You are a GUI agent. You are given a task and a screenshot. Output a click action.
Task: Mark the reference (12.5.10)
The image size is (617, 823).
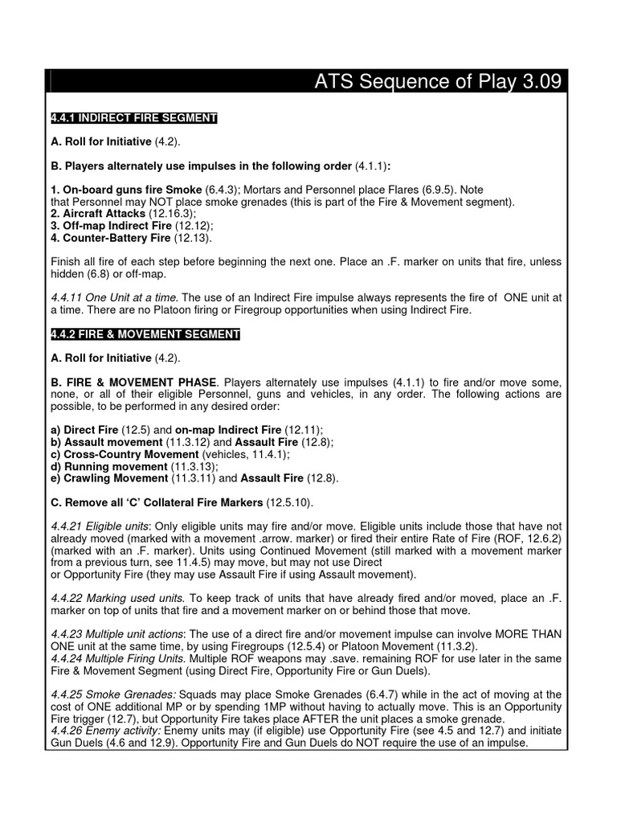[x=289, y=502]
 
